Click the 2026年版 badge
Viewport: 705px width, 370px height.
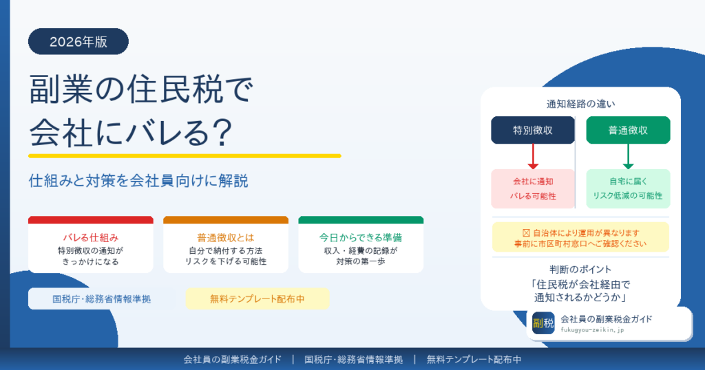(x=78, y=41)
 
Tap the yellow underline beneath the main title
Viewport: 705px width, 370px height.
(x=185, y=155)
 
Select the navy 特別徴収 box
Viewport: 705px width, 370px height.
(x=533, y=130)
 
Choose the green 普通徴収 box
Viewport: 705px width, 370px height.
(x=628, y=130)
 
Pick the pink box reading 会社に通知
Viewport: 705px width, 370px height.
(x=533, y=188)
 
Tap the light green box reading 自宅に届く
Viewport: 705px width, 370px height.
(x=628, y=188)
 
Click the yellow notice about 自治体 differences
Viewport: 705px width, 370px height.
(x=580, y=237)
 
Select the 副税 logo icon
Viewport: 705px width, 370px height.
(x=543, y=323)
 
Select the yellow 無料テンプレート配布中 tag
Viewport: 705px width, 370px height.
(x=257, y=299)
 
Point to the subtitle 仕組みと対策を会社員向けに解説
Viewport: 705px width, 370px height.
(x=138, y=182)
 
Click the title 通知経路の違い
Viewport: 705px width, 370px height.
(x=580, y=105)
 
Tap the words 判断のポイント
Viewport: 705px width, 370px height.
(x=580, y=269)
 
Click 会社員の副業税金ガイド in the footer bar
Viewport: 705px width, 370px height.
(x=232, y=359)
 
